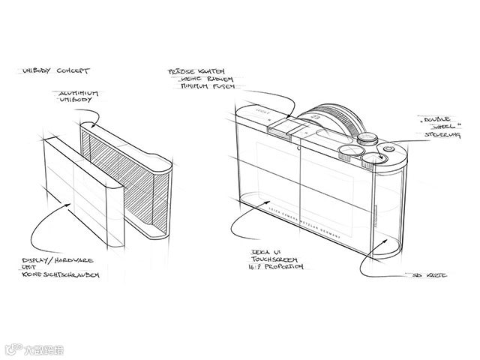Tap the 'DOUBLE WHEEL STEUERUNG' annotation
436,125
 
